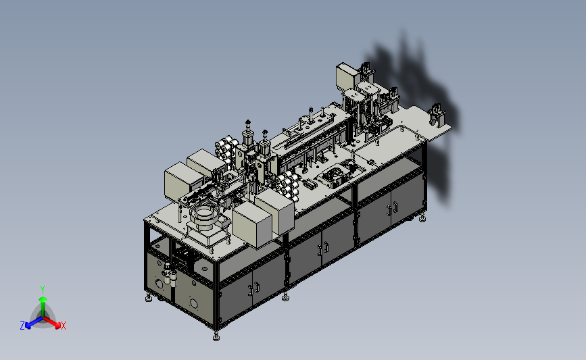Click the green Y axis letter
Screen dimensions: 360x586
point(42,289)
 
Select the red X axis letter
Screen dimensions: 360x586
point(64,326)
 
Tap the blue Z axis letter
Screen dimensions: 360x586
point(22,326)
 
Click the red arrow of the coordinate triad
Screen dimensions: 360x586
point(54,322)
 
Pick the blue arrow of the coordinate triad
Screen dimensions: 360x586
point(31,322)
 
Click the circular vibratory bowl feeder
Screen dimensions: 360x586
point(203,217)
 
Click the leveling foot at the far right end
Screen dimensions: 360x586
point(424,217)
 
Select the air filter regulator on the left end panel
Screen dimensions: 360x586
point(169,277)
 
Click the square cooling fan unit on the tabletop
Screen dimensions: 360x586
point(333,178)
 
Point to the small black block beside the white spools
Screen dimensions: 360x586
point(309,184)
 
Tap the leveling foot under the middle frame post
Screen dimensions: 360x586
point(286,295)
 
